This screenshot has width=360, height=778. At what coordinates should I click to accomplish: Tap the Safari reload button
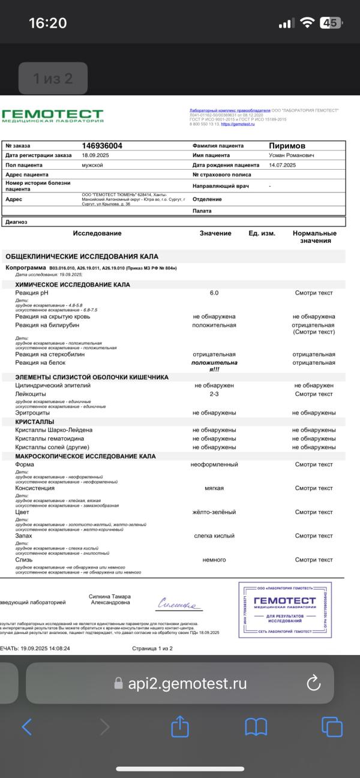coord(313,683)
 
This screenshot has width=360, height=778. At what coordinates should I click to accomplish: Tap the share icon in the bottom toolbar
coord(180,727)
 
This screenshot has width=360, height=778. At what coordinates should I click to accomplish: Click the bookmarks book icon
coord(256,727)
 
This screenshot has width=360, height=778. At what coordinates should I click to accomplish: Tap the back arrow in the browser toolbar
coord(27,727)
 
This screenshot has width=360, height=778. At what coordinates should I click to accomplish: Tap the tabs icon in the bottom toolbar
coord(332,727)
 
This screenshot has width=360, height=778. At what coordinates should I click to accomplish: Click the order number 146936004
coord(102,146)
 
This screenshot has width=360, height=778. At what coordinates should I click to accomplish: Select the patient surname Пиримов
coord(287,146)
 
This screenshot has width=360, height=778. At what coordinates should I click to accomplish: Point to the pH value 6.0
coord(214,293)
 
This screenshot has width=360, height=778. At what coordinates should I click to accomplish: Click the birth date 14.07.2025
coord(283,164)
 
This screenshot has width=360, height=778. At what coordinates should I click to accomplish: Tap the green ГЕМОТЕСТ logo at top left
coord(52,115)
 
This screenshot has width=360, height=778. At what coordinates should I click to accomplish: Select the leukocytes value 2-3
coord(214,394)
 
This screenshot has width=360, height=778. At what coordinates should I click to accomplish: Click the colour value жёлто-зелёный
coord(214,512)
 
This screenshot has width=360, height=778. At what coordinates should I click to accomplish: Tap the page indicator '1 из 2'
coord(52,78)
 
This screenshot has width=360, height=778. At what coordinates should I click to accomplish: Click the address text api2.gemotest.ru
coord(187,683)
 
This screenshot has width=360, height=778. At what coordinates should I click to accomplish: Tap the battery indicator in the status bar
coord(331,23)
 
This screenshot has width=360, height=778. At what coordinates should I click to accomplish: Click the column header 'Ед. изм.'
coord(262,233)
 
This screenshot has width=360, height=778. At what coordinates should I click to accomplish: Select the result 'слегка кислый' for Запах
coord(214,536)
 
